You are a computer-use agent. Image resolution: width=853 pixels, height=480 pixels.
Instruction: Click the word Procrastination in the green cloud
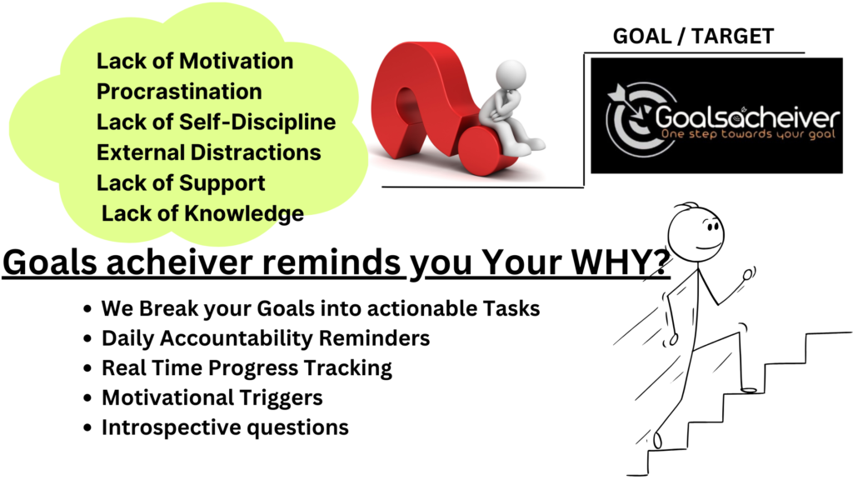coord(179,92)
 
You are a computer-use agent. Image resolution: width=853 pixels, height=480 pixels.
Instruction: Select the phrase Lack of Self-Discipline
coord(216,122)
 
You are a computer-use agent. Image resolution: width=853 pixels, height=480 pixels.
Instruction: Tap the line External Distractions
coord(208,152)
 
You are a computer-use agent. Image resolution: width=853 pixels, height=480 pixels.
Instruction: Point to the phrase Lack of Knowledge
coord(202,214)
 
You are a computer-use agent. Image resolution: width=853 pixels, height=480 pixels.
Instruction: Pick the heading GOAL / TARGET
coord(693,37)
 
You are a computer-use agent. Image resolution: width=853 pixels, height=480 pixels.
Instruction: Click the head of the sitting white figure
coord(511,73)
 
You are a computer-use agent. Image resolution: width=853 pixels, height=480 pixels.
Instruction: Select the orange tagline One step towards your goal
coord(748,134)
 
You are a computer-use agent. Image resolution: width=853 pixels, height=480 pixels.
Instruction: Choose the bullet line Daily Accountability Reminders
coord(266,338)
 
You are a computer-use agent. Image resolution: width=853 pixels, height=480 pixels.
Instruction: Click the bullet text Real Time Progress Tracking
coord(247,368)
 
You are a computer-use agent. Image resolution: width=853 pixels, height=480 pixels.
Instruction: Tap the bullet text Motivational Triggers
coord(212,397)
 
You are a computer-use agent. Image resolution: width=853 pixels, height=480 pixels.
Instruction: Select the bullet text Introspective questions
coord(225,427)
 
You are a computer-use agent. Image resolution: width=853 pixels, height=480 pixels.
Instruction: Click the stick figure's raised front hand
coord(749,274)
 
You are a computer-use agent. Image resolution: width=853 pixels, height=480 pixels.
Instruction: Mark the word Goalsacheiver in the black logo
coord(747,117)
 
